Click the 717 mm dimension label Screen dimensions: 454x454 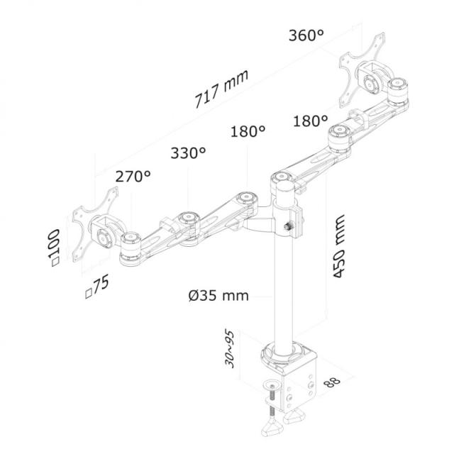click(217, 92)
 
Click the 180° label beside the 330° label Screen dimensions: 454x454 click(248, 131)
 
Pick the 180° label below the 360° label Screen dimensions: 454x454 click(310, 121)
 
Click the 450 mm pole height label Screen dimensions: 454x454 click(340, 246)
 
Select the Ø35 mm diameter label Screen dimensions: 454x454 click(218, 295)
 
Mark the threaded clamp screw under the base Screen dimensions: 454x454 click(271, 404)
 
